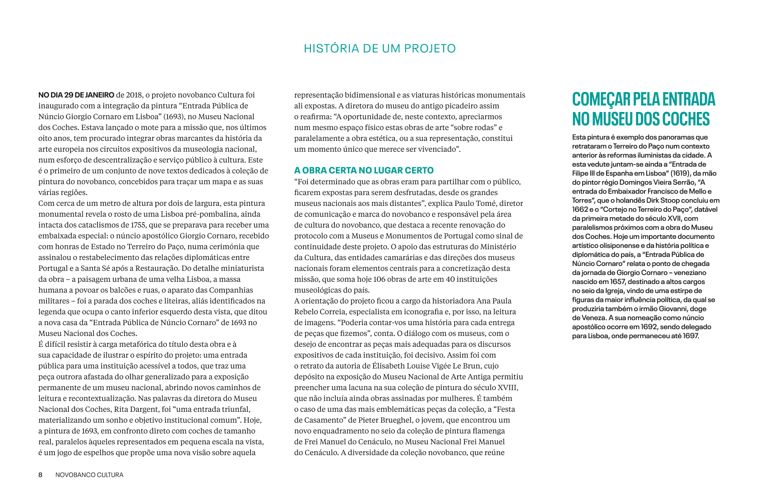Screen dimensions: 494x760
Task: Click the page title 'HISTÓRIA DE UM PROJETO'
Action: click(x=380, y=49)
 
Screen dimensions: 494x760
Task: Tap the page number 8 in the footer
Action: click(x=40, y=475)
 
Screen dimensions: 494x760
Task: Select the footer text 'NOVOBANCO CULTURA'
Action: click(x=89, y=475)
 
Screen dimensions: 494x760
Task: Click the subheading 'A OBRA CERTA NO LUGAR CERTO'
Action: click(x=364, y=170)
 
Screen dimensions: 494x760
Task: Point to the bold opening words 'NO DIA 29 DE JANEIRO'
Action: click(x=76, y=95)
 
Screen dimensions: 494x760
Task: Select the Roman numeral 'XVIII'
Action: click(x=507, y=387)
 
